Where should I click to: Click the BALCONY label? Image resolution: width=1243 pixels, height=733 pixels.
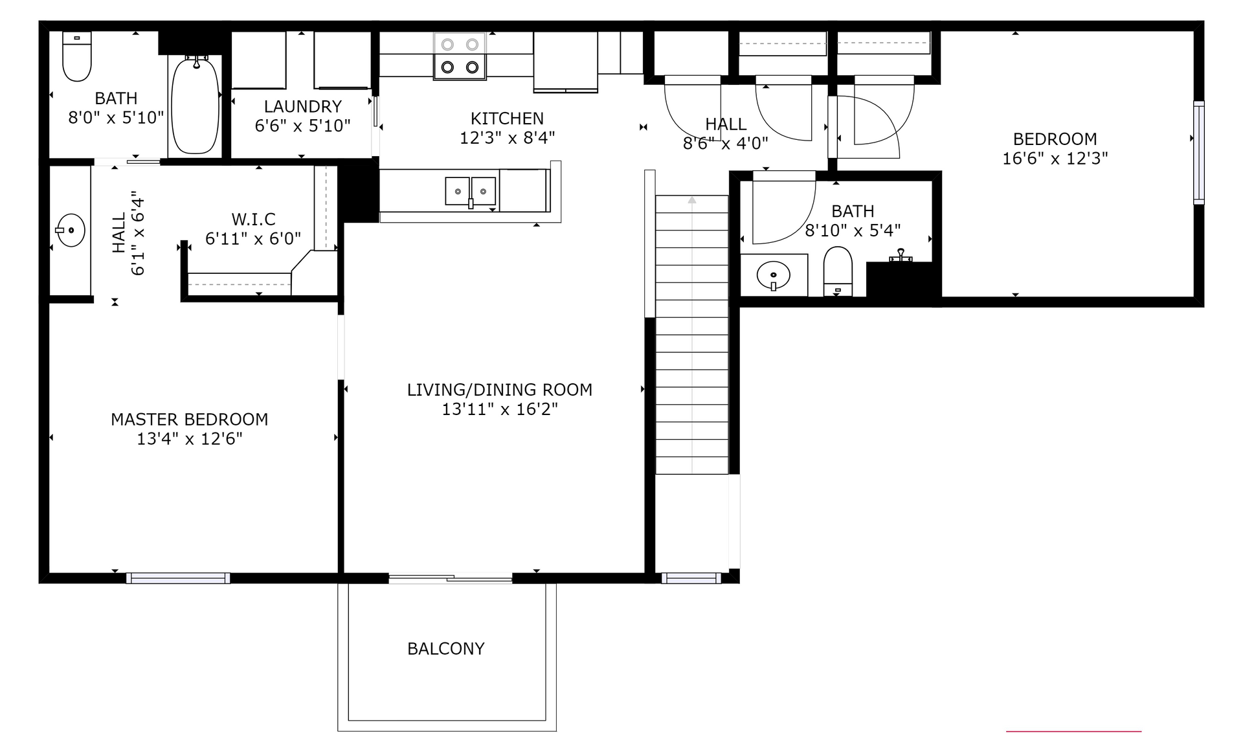pos(445,649)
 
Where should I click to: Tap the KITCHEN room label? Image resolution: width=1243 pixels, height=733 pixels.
pos(507,118)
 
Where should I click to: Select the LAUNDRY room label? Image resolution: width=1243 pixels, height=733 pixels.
pos(302,106)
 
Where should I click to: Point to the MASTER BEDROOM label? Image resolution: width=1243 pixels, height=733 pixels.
pos(189,420)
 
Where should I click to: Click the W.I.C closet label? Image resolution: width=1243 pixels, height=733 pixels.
pos(253,220)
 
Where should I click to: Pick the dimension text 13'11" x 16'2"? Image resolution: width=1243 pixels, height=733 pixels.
pos(499,409)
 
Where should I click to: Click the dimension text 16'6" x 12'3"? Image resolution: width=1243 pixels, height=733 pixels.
pos(1055,159)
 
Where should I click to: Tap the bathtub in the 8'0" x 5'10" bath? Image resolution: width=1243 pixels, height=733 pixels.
pos(195,105)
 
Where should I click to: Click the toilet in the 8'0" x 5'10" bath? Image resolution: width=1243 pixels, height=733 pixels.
pos(77,57)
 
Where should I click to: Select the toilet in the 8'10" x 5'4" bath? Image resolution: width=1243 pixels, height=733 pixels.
pos(838,271)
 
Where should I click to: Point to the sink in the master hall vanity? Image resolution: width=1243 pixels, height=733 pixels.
pos(70,230)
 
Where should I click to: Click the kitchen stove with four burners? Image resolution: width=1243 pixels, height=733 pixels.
pos(460,56)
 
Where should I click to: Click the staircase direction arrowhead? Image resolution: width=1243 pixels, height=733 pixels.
pos(692,200)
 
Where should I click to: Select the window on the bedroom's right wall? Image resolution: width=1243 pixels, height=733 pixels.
pos(1199,153)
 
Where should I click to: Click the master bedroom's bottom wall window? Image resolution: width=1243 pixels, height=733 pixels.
pos(178,578)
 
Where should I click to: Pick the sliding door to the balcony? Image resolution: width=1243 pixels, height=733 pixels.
pos(451,578)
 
